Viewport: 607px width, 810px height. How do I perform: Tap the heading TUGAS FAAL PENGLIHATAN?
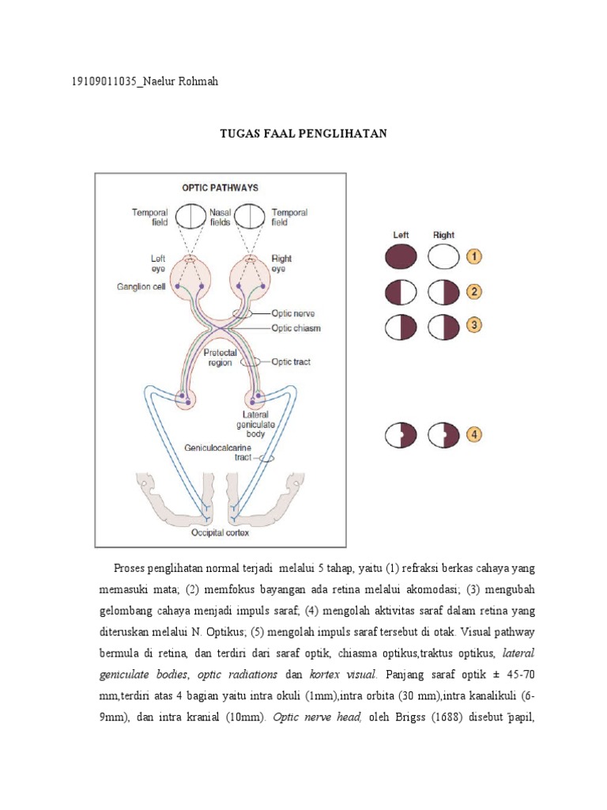(x=303, y=133)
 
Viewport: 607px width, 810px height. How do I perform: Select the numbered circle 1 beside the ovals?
(x=473, y=257)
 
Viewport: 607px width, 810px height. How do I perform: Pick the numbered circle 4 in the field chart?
(x=473, y=434)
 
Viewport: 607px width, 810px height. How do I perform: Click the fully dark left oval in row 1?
(x=401, y=258)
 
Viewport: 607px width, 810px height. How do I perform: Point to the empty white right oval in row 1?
(x=443, y=258)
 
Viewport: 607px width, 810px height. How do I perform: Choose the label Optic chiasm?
(x=296, y=327)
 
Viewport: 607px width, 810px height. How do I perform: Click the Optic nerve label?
(x=293, y=313)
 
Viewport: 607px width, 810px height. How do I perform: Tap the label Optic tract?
(x=291, y=361)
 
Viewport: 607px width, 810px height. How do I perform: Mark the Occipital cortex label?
(x=219, y=534)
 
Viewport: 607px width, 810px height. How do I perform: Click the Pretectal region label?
(x=221, y=358)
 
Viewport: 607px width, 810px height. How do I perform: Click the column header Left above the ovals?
(x=401, y=235)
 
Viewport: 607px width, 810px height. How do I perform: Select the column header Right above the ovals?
(x=443, y=235)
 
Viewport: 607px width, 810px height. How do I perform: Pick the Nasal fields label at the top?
(x=220, y=218)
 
